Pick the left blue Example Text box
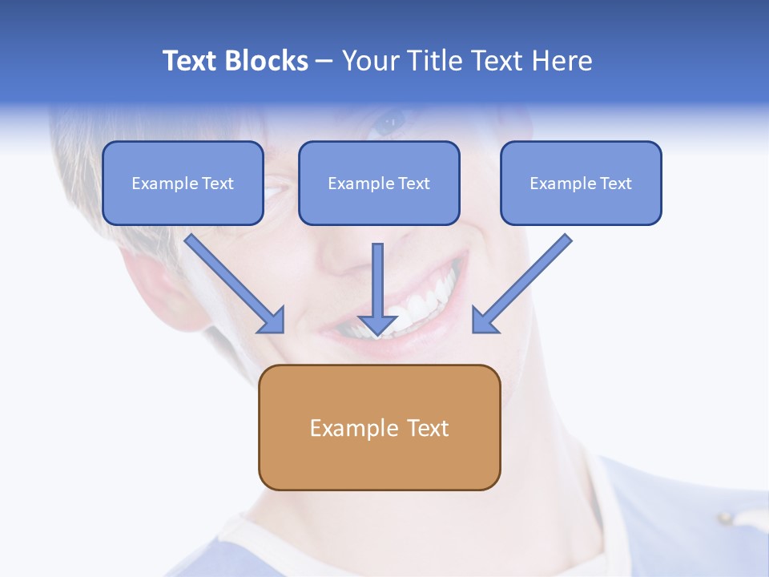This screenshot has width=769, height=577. click(x=183, y=183)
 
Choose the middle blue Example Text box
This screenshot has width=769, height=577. click(x=379, y=183)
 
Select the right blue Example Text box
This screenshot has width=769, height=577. click(x=581, y=183)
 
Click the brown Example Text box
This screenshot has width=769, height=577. click(x=379, y=428)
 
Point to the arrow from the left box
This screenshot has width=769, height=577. click(x=232, y=280)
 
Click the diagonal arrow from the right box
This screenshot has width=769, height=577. click(x=525, y=280)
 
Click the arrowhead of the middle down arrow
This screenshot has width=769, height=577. click(x=378, y=324)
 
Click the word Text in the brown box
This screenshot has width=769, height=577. click(x=428, y=428)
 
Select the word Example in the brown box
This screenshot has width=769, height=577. click(x=353, y=428)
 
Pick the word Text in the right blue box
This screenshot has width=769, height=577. click(x=615, y=184)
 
